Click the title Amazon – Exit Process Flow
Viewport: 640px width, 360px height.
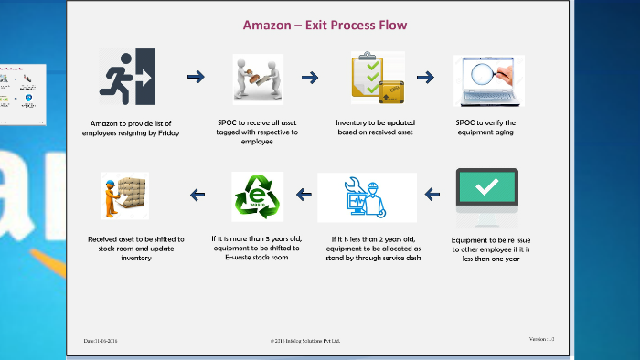click(x=325, y=25)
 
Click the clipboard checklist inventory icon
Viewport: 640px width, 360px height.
click(x=377, y=79)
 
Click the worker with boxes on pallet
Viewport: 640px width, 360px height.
click(x=125, y=196)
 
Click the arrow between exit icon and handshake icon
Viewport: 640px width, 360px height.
click(x=195, y=77)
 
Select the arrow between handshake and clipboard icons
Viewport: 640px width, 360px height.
click(x=310, y=77)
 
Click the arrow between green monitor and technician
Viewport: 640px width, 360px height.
click(x=433, y=194)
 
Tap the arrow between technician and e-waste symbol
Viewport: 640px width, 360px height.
click(x=305, y=194)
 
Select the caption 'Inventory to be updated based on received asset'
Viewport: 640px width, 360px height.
click(x=377, y=127)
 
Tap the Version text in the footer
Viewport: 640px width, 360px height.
click(x=541, y=339)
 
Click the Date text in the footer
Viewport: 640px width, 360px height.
click(x=101, y=341)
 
